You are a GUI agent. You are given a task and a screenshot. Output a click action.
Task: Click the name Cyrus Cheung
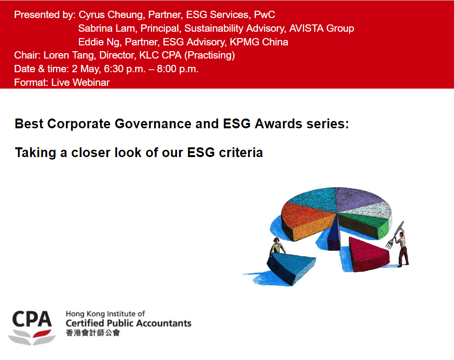tap(111, 15)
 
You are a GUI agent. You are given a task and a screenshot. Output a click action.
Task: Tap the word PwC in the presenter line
tap(264, 15)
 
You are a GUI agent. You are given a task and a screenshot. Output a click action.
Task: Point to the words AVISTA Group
tap(321, 28)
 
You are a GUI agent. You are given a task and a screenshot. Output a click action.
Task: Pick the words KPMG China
tap(259, 42)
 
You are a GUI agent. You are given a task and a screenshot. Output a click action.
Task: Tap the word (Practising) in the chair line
tap(210, 55)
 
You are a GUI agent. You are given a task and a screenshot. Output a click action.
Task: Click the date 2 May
tap(86, 69)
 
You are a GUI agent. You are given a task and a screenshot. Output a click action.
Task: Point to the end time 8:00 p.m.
tap(178, 69)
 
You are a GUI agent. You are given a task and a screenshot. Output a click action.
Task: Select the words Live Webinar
tap(80, 82)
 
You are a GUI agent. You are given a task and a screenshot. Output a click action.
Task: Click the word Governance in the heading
tap(153, 124)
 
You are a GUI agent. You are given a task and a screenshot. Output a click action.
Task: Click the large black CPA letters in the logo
tap(32, 319)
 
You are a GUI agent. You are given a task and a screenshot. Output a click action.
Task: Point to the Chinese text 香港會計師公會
tap(93, 333)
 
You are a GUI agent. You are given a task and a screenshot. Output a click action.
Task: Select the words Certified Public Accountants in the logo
tap(129, 323)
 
